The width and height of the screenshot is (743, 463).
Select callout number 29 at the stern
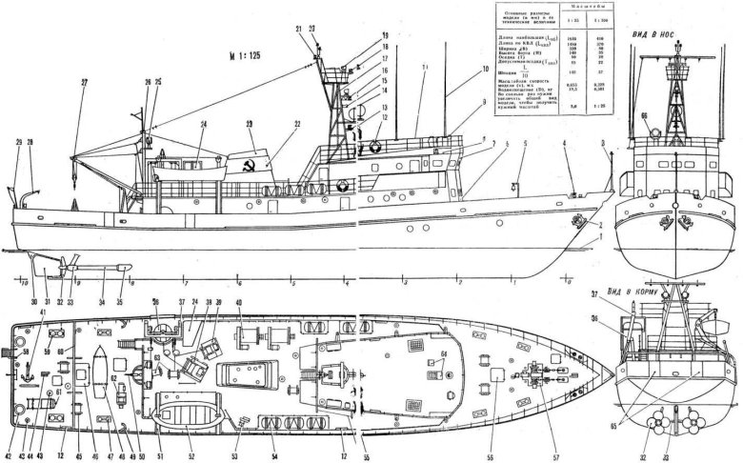[x=17, y=142]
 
